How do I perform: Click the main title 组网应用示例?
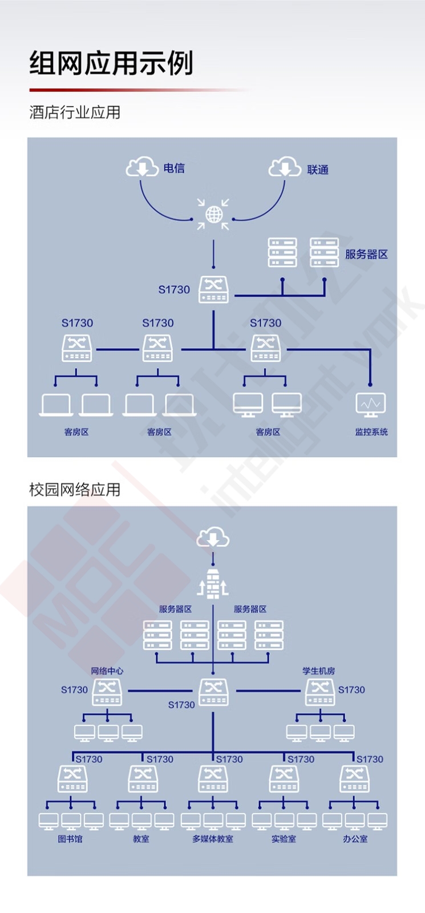(111, 63)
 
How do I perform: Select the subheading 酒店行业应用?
(75, 112)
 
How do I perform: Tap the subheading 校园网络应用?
(75, 490)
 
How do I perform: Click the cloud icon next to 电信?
(142, 168)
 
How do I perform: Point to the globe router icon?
(213, 215)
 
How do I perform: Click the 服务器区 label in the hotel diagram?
(366, 254)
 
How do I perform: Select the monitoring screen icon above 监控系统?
(370, 405)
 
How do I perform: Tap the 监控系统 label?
(371, 432)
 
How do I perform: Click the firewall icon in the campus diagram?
(213, 583)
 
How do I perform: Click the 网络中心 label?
(107, 671)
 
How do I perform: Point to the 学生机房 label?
(319, 671)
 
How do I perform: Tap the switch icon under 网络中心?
(107, 692)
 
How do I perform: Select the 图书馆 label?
(70, 839)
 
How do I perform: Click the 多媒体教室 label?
(213, 839)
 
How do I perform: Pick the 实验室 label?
(284, 839)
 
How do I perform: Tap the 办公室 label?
(355, 839)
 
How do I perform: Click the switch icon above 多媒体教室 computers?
(213, 779)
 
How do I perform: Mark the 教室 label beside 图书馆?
(141, 839)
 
